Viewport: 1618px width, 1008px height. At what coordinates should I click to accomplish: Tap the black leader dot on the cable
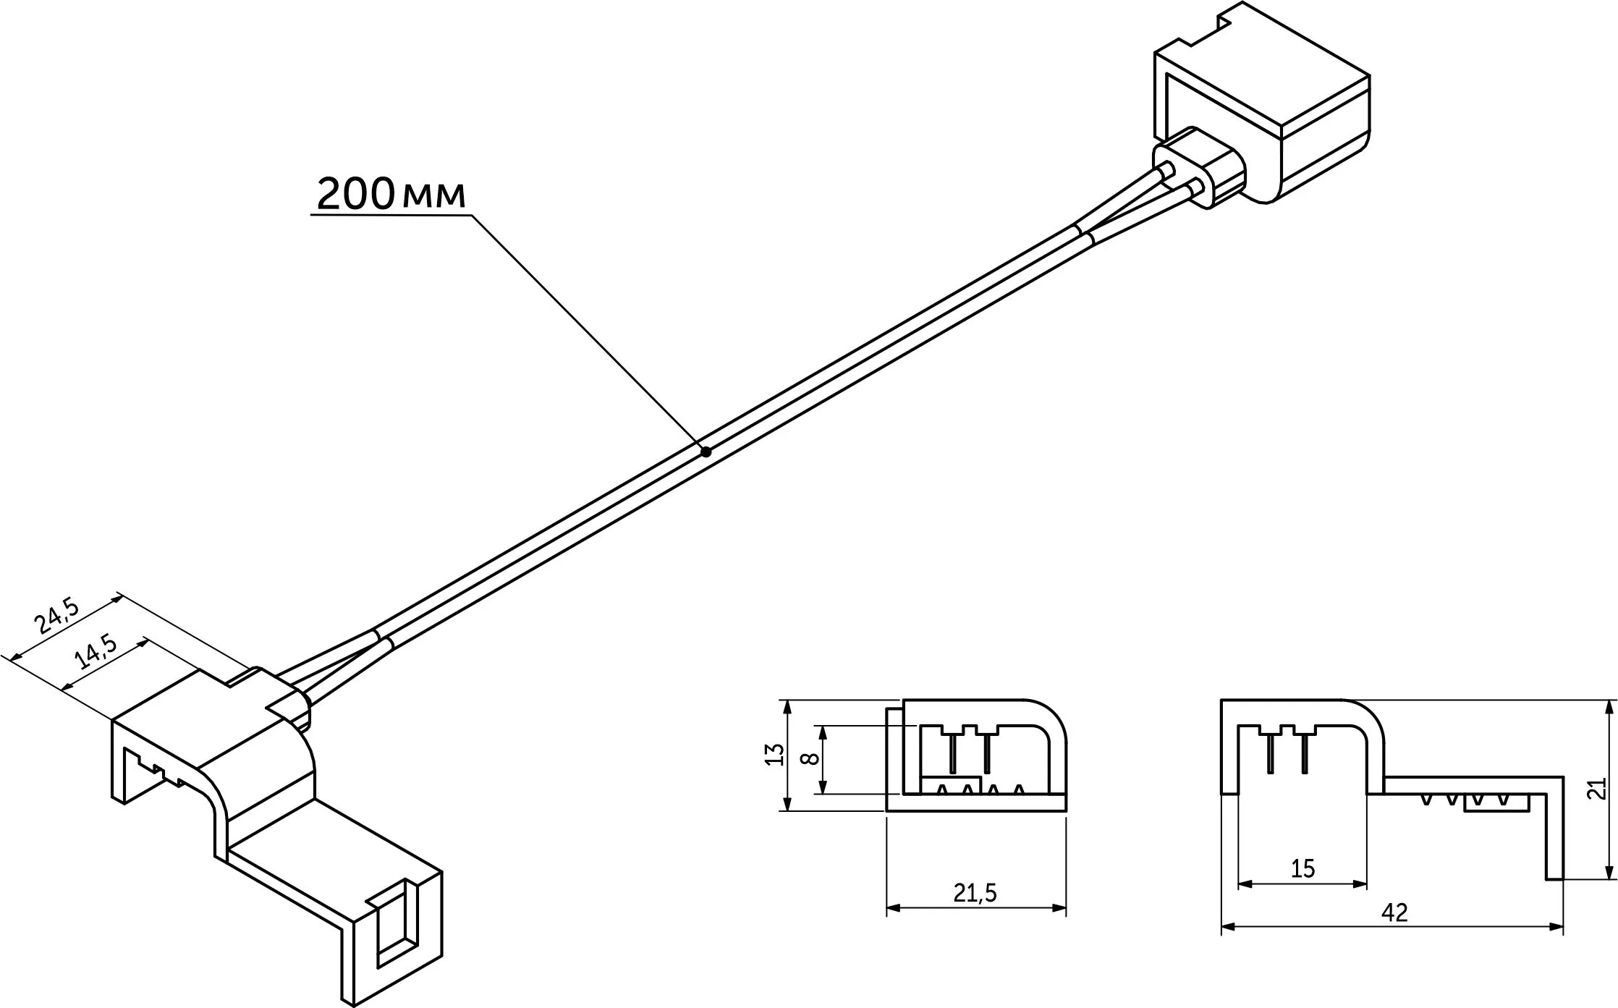pyautogui.click(x=706, y=452)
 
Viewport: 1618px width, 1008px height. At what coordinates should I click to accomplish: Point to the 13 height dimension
pyautogui.click(x=774, y=755)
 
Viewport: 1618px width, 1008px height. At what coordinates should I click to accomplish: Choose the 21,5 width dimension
pyautogui.click(x=975, y=894)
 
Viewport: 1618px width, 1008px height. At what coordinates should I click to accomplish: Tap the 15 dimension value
pyautogui.click(x=1303, y=868)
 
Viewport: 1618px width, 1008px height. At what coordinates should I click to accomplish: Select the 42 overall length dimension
pyautogui.click(x=1394, y=913)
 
